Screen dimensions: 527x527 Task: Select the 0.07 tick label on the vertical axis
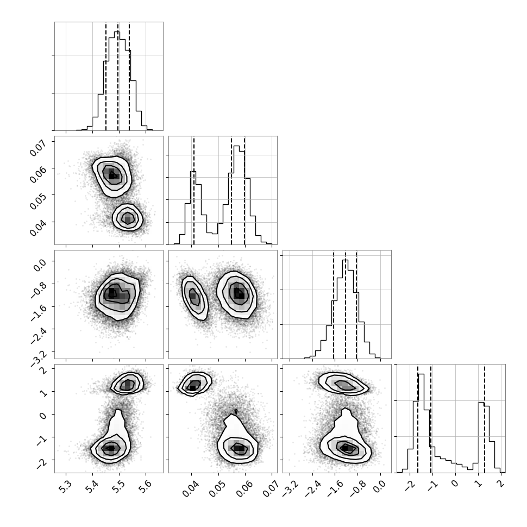38,148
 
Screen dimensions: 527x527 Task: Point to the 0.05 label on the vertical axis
38,202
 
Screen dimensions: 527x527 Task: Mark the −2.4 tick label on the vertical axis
37,335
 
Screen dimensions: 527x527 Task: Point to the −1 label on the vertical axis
41,441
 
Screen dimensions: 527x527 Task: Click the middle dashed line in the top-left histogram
118,77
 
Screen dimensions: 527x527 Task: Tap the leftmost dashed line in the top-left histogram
106,77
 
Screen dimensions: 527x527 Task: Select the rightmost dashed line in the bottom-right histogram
484,419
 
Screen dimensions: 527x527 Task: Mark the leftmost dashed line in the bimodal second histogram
194,191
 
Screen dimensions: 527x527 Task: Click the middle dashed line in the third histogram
345,305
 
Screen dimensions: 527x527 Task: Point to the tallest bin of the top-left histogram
117,80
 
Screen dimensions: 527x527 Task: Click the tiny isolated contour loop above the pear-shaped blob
236,411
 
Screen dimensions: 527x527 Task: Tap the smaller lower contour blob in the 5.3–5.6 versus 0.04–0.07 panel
128,217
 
